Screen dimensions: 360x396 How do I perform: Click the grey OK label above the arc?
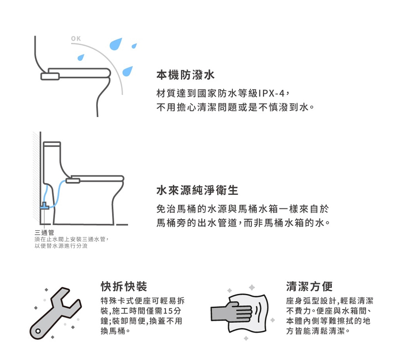[76, 39]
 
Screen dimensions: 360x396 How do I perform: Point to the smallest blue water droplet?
[134, 46]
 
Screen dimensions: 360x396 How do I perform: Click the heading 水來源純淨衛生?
[197, 190]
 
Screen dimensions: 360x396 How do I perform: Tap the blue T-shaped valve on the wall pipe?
[44, 205]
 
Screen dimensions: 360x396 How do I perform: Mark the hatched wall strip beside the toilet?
[36, 178]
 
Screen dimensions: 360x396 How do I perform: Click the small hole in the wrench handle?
[38, 330]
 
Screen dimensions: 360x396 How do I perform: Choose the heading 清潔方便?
[309, 286]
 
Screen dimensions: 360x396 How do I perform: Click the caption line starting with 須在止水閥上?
[72, 239]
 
